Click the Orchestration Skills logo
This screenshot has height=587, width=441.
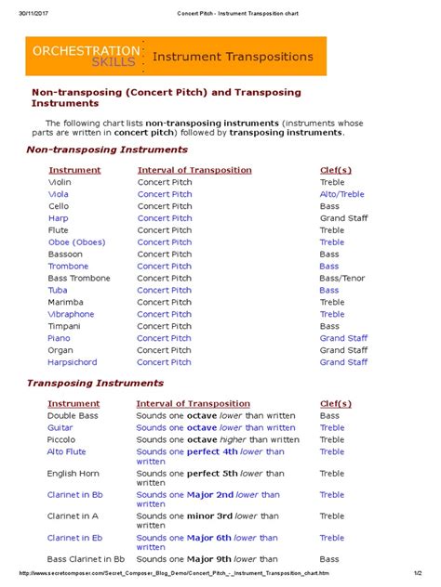(86, 56)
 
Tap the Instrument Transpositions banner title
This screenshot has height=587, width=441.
(233, 57)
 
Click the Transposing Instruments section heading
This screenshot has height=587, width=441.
(95, 383)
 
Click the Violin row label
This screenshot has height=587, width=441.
(60, 183)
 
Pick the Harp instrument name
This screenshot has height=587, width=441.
(59, 218)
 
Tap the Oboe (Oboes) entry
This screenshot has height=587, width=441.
(76, 242)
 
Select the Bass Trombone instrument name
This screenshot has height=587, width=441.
(79, 279)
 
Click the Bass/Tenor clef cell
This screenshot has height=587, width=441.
(342, 279)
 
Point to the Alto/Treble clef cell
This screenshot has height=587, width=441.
(342, 195)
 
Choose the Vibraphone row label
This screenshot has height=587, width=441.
(72, 315)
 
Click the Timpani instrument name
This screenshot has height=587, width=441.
(65, 327)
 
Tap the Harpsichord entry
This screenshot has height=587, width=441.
(73, 363)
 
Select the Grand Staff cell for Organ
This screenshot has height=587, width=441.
(344, 351)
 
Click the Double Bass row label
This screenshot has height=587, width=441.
(73, 416)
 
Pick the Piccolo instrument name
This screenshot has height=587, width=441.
(63, 440)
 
